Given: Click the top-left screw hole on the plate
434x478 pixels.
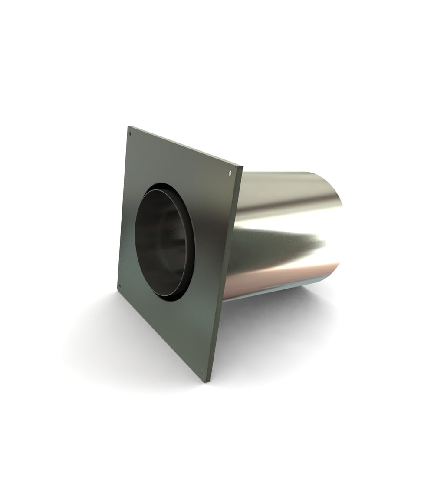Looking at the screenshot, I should pyautogui.click(x=130, y=133).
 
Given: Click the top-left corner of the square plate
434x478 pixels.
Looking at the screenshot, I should pyautogui.click(x=128, y=127).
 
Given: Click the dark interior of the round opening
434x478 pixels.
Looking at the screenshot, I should pyautogui.click(x=158, y=239).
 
